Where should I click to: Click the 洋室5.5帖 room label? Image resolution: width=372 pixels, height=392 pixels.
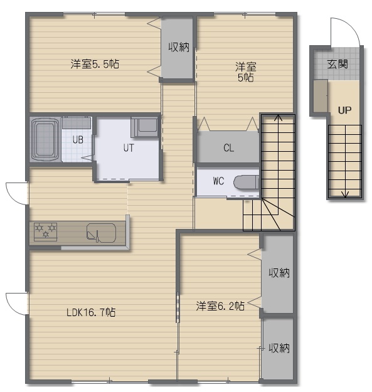point(95,64)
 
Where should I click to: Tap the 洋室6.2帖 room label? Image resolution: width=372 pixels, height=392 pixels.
point(220,305)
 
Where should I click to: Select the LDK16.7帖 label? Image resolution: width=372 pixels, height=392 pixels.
point(91,312)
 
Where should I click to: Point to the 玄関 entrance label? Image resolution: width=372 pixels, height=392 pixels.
point(337,64)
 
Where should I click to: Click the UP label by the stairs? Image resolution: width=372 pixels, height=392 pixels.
point(344,110)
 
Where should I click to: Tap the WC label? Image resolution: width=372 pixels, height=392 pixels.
point(218,181)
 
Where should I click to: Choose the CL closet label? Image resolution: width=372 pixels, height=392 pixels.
point(229,148)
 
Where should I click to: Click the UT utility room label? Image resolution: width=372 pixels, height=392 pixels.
point(129,148)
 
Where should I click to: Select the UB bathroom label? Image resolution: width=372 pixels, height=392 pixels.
point(78,140)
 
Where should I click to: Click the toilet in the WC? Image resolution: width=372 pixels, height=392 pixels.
point(247,183)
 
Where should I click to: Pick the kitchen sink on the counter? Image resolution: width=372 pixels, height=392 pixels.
point(101,233)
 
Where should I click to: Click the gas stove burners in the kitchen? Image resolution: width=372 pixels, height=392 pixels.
point(46,231)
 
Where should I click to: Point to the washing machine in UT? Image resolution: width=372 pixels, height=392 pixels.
point(144,127)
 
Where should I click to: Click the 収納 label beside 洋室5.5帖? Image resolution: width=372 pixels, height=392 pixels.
point(179,47)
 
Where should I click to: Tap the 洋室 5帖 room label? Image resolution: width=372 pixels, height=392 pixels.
point(245,72)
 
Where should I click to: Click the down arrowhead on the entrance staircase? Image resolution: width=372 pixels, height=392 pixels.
point(345,194)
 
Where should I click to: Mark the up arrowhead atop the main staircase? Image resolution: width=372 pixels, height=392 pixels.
point(278,117)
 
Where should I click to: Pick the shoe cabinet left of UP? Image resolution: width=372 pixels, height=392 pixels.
point(321,96)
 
